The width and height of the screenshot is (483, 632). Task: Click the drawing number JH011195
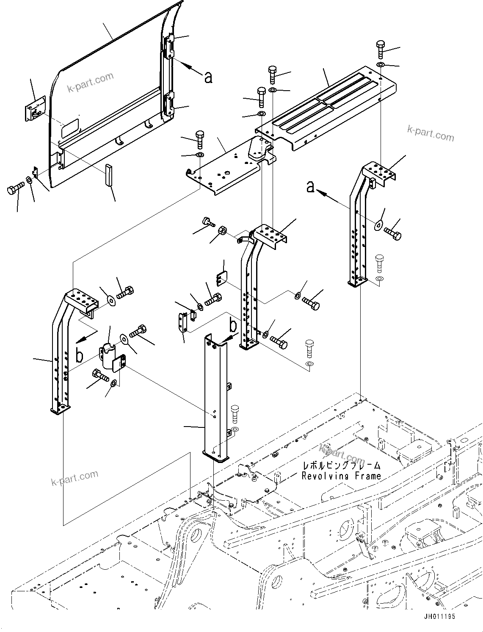pyautogui.click(x=439, y=616)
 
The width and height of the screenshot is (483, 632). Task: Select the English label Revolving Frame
pyautogui.click(x=341, y=476)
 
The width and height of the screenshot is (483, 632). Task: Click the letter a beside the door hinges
pyautogui.click(x=208, y=77)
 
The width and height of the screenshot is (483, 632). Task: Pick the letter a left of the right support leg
pyautogui.click(x=311, y=186)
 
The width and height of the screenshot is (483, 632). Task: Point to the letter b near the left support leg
pyautogui.click(x=79, y=355)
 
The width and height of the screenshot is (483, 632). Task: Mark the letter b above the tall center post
pyautogui.click(x=233, y=326)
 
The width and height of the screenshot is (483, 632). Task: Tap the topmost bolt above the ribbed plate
pyautogui.click(x=380, y=50)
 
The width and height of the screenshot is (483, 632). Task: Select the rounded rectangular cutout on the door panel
pyautogui.click(x=70, y=128)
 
